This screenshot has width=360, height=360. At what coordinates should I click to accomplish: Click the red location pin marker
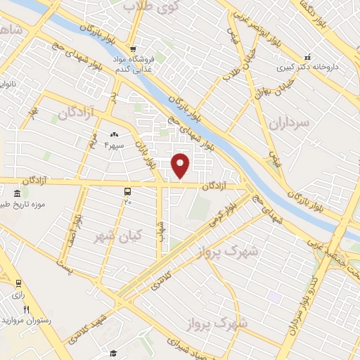tap(181, 165)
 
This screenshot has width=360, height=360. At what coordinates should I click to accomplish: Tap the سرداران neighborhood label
tap(289, 125)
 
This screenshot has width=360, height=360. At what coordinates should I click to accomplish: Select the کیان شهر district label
tap(118, 236)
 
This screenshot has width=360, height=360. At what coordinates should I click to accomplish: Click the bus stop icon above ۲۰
tap(127, 191)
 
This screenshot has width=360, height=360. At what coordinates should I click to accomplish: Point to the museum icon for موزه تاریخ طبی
tap(16, 193)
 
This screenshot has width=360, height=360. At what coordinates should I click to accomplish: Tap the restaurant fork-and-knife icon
tap(27, 309)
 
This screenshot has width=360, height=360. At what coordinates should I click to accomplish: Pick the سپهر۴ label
tap(113, 146)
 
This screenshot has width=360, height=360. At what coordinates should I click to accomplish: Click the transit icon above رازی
tap(19, 283)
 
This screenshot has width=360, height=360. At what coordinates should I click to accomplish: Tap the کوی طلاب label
tap(150, 6)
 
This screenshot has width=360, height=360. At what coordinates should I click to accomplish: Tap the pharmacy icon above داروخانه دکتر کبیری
tap(307, 56)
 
